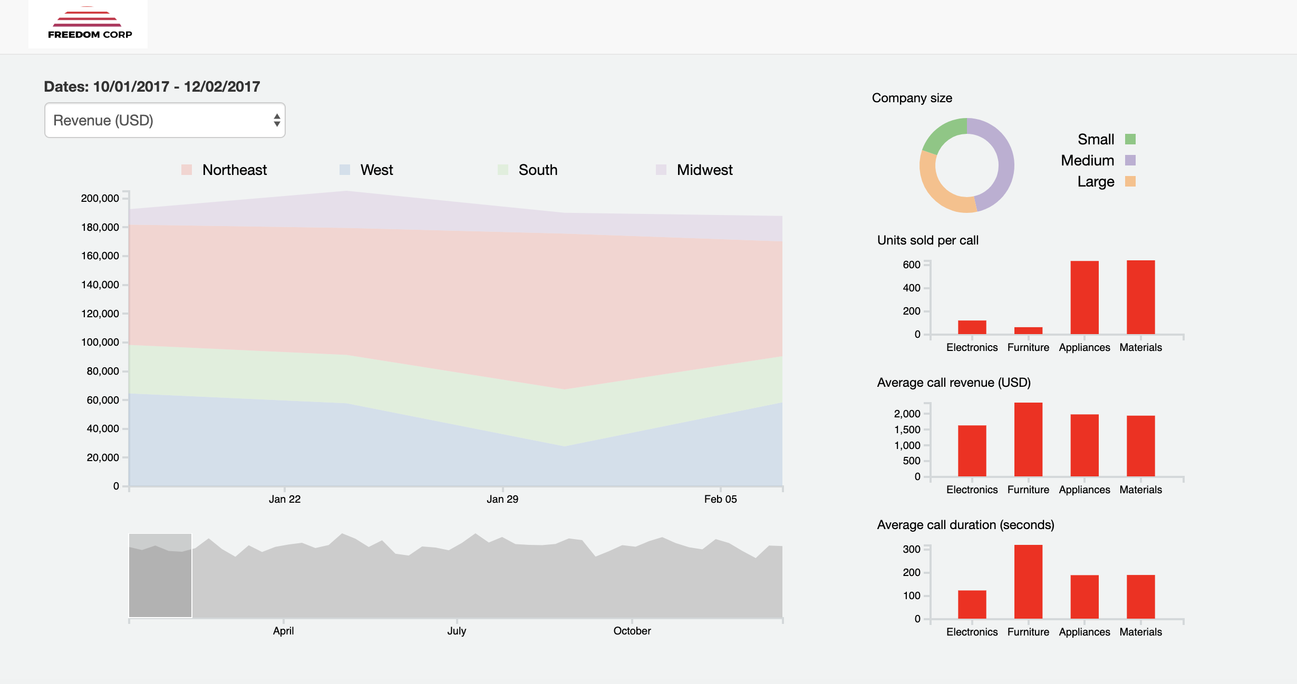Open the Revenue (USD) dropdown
[164, 121]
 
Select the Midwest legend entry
[694, 170]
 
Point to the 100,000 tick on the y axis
[100, 343]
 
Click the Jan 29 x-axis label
[502, 499]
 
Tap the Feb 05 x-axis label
[720, 499]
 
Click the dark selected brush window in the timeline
[160, 576]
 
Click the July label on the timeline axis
[457, 631]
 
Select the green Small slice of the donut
[944, 134]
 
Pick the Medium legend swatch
[1130, 160]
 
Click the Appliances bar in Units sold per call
[1085, 298]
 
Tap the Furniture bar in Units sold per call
[1028, 330]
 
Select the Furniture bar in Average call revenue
[1028, 440]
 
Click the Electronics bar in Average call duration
[972, 604]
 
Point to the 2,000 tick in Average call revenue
[907, 414]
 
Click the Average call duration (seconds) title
[965, 525]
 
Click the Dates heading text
[152, 86]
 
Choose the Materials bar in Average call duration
[1140, 597]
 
